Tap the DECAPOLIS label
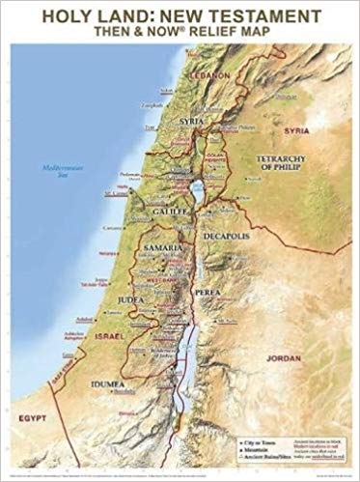point(227,234)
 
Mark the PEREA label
point(214,289)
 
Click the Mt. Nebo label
point(226,320)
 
